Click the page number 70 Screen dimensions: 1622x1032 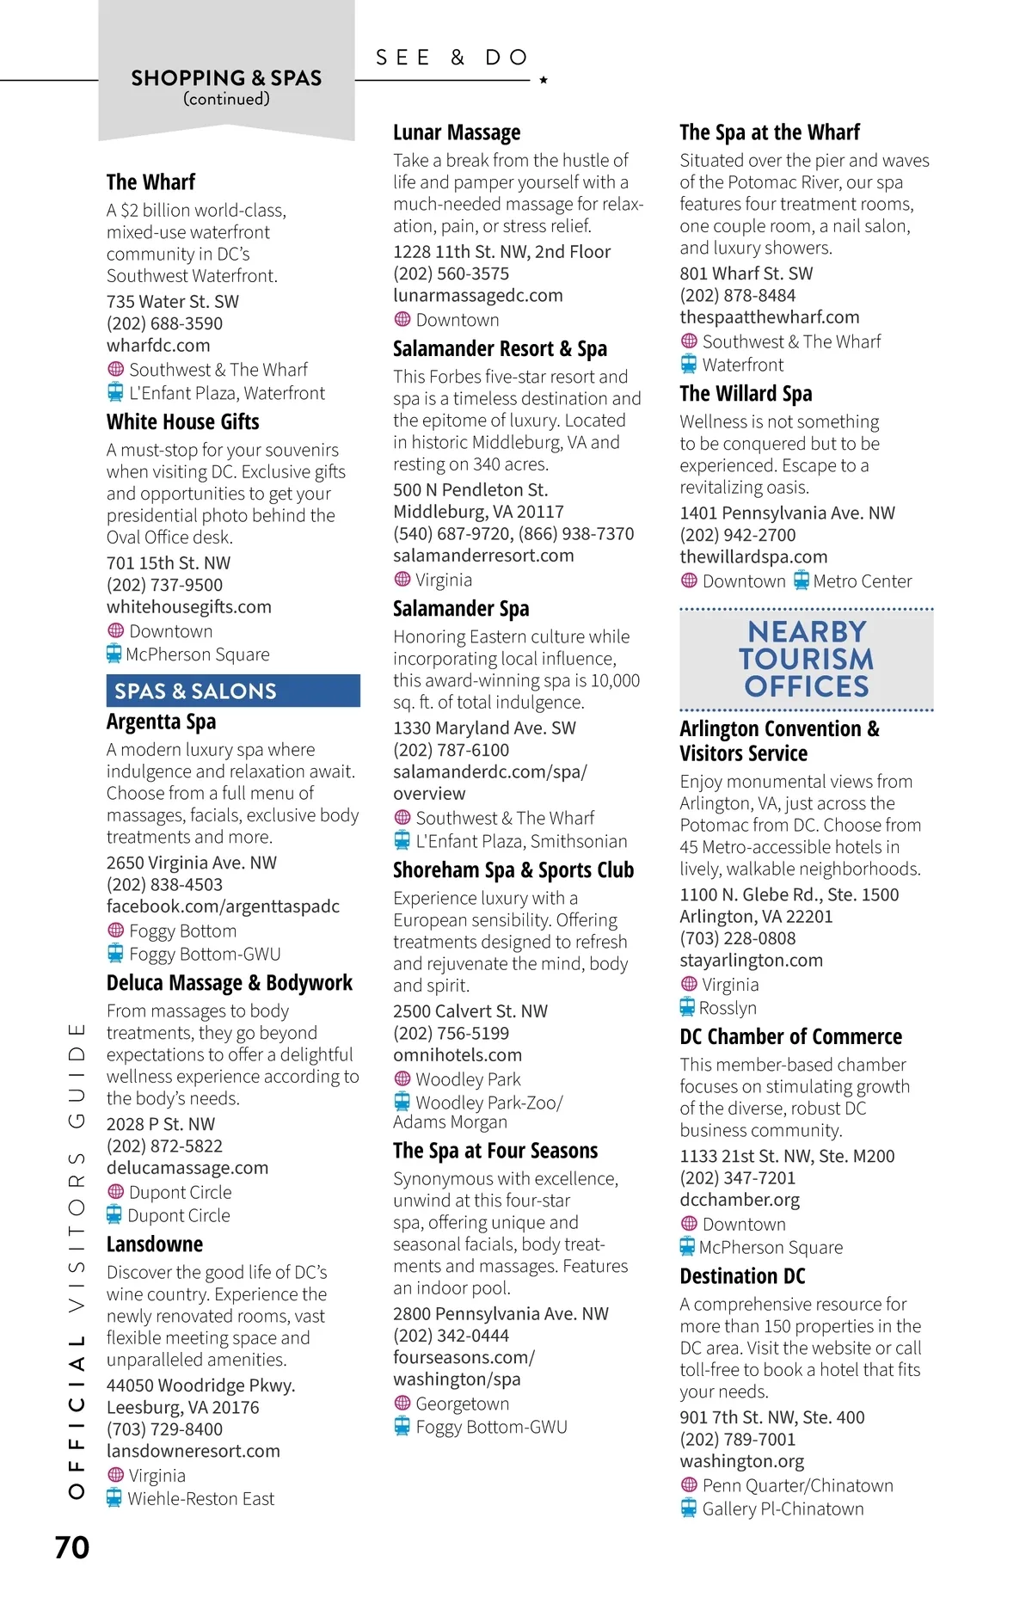72,1547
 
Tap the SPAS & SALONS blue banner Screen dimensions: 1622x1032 232,691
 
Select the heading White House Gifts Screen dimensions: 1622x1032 182,422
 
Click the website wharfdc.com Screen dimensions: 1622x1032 158,346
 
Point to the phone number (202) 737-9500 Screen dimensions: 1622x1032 164,585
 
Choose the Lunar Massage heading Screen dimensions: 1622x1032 457,132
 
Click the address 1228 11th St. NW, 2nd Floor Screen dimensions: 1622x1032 501,252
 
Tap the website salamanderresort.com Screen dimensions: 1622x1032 483,556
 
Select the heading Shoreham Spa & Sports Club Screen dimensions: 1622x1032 513,870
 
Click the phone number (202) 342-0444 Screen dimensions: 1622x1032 451,1336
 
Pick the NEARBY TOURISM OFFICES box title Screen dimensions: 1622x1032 807,659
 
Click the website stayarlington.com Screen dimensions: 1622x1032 751,961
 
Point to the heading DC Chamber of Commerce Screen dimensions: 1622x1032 791,1037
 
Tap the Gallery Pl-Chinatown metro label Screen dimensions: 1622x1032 783,1509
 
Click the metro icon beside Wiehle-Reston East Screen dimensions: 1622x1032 114,1498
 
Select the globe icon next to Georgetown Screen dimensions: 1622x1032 402,1403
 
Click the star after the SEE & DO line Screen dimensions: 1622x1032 544,80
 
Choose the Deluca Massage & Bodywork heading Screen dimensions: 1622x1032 230,983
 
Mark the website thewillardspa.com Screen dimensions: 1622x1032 753,557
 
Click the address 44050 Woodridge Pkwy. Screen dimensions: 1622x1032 200,1385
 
